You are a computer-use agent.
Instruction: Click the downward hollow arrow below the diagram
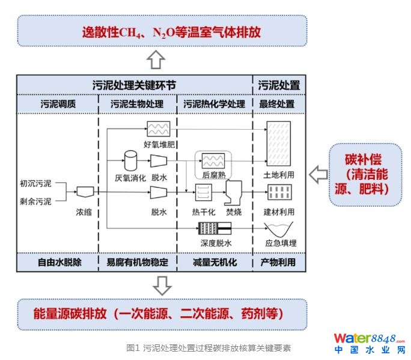pos(162,285)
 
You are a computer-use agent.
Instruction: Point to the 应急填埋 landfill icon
pos(280,229)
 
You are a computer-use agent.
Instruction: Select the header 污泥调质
pos(58,104)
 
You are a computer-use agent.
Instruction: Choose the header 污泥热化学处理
pos(214,104)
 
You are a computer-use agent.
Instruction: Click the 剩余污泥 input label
pos(36,200)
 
